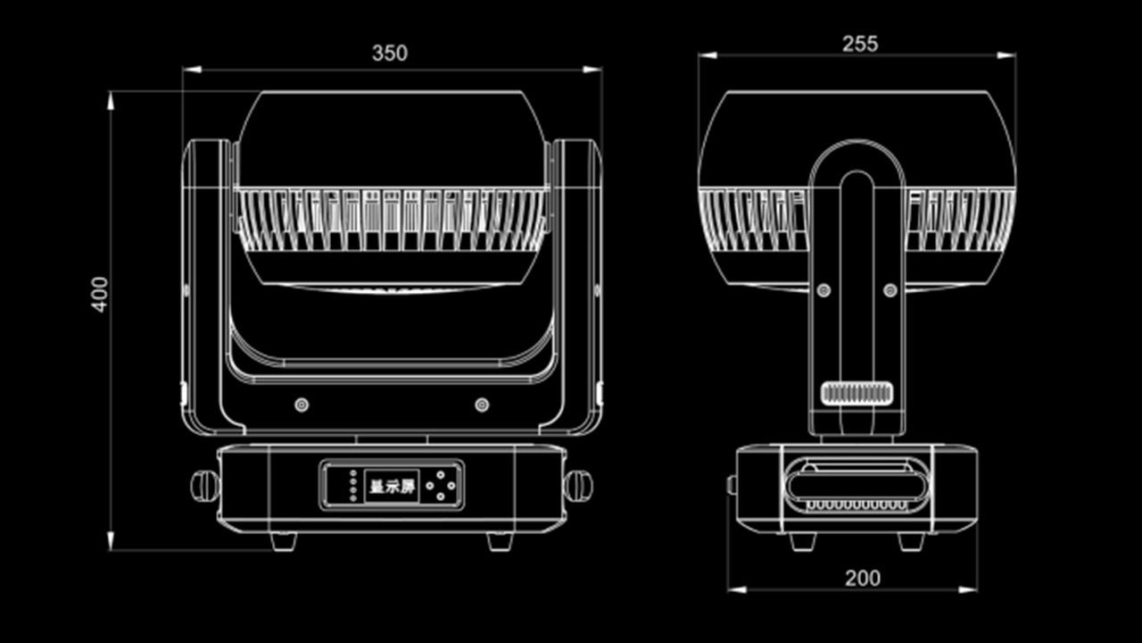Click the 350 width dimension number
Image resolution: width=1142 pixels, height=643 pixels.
tap(390, 54)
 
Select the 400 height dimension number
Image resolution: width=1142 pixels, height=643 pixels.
tap(100, 294)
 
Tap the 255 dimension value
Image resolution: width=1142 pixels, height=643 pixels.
tap(859, 44)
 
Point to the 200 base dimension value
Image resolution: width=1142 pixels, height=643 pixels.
tap(862, 578)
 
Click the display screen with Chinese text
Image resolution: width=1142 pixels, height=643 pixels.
tap(393, 487)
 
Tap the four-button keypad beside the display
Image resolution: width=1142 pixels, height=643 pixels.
tap(440, 486)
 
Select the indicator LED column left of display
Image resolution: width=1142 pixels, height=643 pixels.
tap(353, 486)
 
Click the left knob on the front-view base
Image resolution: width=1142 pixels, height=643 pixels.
tap(204, 485)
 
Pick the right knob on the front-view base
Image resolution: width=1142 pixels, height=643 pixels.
tap(578, 485)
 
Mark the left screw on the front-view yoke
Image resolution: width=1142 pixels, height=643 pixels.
tap(302, 405)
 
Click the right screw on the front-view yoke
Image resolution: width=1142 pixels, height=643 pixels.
tap(482, 405)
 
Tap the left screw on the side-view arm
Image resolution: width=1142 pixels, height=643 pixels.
tap(823, 290)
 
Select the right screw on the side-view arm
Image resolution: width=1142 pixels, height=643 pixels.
tap(890, 290)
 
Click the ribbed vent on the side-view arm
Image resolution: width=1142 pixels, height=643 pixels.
tap(856, 393)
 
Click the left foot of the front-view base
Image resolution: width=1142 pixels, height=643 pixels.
tap(283, 540)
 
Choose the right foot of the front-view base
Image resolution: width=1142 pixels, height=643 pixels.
tap(500, 540)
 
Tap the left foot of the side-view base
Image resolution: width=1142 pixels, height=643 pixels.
tap(801, 540)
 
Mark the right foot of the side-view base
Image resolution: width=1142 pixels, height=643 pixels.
tap(911, 540)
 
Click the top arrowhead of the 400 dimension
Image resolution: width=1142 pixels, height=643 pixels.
tap(111, 99)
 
